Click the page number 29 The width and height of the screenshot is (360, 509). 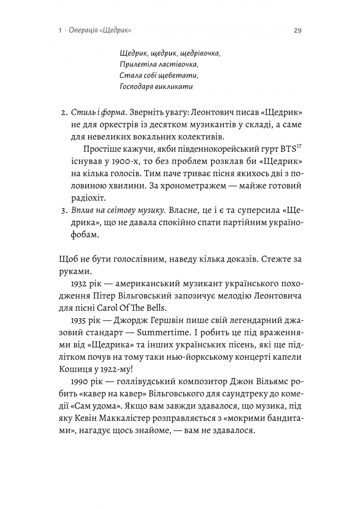296,31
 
